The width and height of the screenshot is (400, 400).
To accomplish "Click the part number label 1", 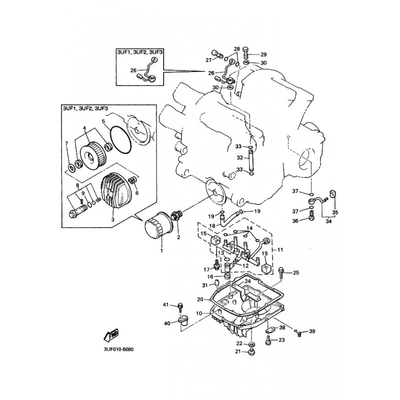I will (x=162, y=249).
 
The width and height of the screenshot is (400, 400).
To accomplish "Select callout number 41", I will (x=165, y=305).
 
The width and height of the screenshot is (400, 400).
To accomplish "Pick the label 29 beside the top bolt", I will (x=263, y=54).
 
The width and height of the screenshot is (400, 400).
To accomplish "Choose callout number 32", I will (x=239, y=157).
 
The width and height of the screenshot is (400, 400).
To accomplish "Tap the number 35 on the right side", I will (x=335, y=212).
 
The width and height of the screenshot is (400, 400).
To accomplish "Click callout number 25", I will (x=295, y=272).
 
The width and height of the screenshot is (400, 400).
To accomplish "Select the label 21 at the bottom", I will (x=238, y=351).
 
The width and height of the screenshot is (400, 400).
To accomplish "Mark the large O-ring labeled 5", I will (x=120, y=140).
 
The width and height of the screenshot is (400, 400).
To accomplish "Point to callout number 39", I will (x=312, y=331).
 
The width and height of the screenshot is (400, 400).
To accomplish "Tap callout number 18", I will (x=211, y=226).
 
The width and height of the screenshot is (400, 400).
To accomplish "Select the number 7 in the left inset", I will (x=66, y=144).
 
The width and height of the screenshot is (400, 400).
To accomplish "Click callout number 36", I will (x=295, y=220).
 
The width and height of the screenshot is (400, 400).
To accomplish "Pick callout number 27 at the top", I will (x=208, y=60).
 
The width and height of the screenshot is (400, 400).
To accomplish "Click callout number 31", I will (x=204, y=285).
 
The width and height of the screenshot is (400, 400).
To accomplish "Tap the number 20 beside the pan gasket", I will (x=200, y=299).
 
